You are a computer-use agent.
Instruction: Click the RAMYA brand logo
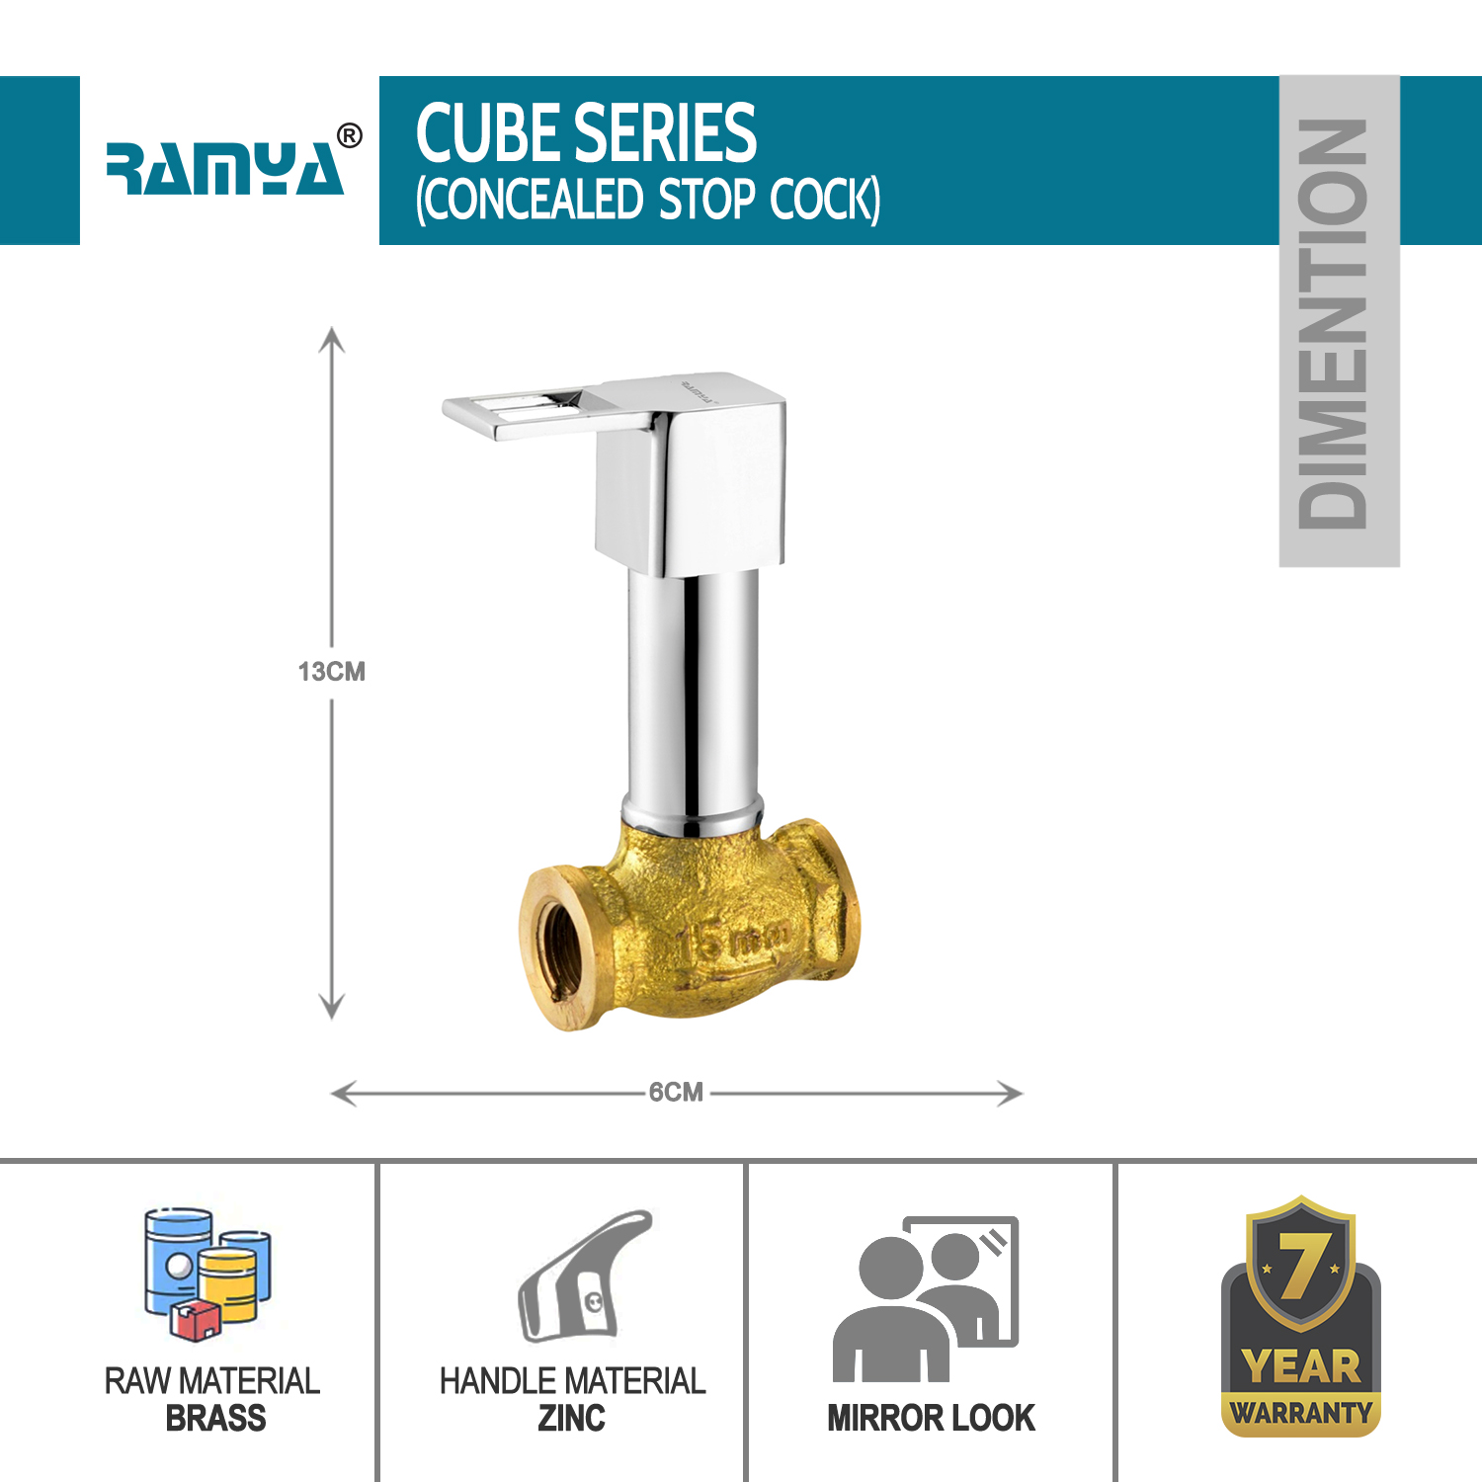click(x=225, y=168)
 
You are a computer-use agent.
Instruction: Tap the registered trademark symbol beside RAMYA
click(x=350, y=136)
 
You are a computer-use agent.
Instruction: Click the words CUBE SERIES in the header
click(x=586, y=132)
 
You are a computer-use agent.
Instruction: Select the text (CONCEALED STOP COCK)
click(x=648, y=200)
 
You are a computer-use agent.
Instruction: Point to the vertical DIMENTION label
click(x=1333, y=324)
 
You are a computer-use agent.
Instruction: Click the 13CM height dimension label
click(x=332, y=672)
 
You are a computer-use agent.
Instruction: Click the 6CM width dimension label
click(x=676, y=1092)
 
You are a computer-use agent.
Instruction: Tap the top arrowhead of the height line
click(x=332, y=339)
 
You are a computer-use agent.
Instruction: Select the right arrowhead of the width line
click(x=1011, y=1094)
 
